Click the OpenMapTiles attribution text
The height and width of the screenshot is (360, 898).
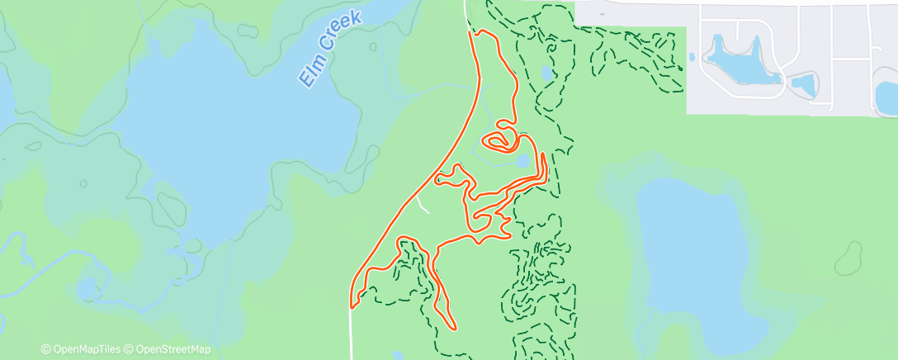tap(83, 349)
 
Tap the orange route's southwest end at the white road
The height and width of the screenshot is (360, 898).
tap(353, 306)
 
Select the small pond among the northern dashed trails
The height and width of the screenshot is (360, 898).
tap(548, 73)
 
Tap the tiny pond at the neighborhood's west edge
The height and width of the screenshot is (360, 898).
tap(692, 57)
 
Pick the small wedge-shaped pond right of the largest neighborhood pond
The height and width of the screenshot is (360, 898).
tap(802, 83)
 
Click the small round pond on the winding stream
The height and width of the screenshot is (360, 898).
tap(86, 290)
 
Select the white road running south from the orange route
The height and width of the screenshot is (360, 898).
tap(352, 334)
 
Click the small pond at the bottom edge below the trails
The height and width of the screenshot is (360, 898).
tap(400, 356)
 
